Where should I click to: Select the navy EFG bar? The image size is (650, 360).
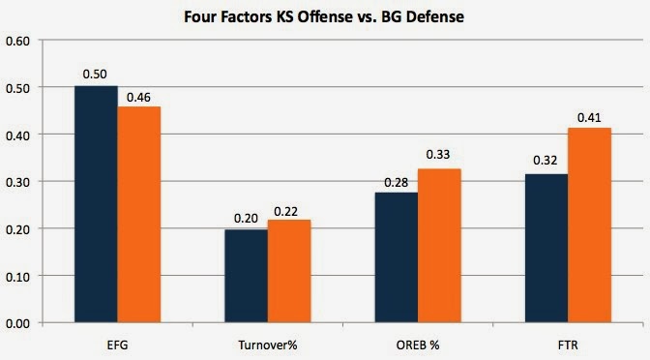click(96, 204)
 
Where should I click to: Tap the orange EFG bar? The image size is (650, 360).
click(139, 215)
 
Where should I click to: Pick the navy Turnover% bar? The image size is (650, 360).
click(247, 276)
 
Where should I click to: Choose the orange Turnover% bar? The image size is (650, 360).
click(289, 271)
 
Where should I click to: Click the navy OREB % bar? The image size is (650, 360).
click(397, 257)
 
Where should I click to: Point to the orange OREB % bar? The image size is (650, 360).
click(439, 246)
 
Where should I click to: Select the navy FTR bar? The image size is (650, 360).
click(547, 248)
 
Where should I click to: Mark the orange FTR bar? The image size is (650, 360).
click(589, 225)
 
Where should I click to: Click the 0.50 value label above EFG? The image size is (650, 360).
click(95, 75)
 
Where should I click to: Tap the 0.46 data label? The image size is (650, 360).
click(138, 98)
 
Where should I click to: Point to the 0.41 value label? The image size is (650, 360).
click(589, 118)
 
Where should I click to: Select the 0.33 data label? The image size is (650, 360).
click(438, 154)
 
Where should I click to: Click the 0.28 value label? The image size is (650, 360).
click(397, 183)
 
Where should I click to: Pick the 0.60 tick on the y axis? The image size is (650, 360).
click(17, 41)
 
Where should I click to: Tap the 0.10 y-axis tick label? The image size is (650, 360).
click(17, 277)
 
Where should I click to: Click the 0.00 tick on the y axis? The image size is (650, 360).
click(17, 323)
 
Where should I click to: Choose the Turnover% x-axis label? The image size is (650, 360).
click(268, 345)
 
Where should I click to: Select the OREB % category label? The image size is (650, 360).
click(418, 345)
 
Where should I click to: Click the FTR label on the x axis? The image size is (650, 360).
click(568, 345)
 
